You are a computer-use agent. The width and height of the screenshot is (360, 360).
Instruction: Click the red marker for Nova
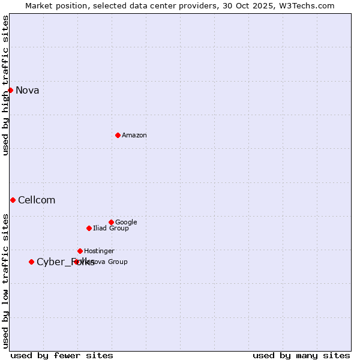click(10, 90)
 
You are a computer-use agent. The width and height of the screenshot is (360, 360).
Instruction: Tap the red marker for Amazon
click(118, 135)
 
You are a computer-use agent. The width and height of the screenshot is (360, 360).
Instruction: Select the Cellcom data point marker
click(13, 200)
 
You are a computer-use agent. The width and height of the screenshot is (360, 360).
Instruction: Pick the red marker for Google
click(111, 222)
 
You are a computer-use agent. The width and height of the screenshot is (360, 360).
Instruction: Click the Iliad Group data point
click(89, 228)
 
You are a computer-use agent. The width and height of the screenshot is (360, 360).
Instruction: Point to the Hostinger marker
click(80, 251)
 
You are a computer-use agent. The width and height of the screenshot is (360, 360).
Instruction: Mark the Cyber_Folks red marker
click(31, 262)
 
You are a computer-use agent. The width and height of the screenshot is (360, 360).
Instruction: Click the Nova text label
click(28, 91)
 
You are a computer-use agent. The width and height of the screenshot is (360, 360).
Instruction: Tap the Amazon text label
click(134, 136)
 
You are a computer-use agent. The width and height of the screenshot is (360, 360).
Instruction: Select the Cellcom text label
click(37, 200)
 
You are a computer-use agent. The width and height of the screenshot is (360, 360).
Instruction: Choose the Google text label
click(126, 223)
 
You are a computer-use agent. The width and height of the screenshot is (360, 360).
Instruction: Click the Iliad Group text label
click(111, 229)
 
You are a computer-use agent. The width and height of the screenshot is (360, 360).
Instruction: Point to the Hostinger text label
click(99, 251)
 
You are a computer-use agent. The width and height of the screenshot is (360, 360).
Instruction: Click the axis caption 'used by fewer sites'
click(62, 356)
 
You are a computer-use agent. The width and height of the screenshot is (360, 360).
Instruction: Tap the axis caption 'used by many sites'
click(301, 356)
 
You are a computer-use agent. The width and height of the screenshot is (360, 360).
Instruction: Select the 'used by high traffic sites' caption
click(6, 85)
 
